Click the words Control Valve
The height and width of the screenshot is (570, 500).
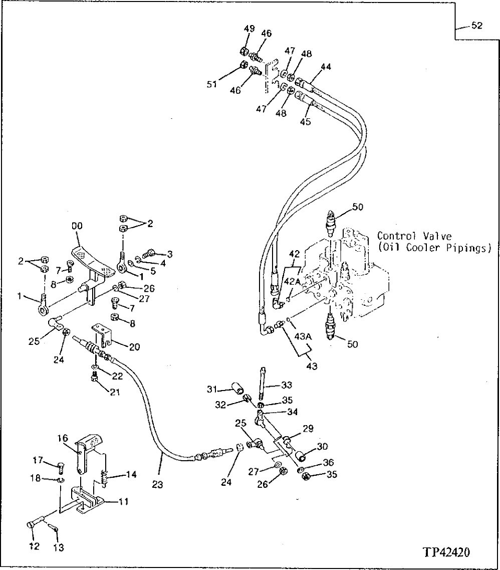tap(407, 235)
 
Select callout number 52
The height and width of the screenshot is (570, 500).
tap(476, 26)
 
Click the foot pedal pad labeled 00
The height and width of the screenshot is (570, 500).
tap(92, 259)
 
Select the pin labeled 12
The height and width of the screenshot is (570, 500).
tap(33, 525)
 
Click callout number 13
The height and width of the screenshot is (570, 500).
tap(59, 548)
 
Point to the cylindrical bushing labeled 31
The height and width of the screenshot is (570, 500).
tap(237, 388)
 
